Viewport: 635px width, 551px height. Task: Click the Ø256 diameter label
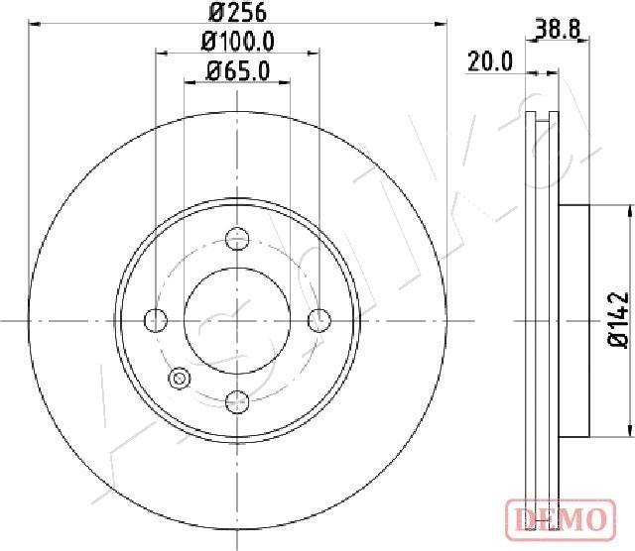pyautogui.click(x=237, y=12)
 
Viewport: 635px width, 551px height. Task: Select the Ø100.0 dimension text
pyautogui.click(x=238, y=42)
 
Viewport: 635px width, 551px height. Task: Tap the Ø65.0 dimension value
pyautogui.click(x=238, y=71)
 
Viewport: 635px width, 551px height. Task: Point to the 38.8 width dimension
pyautogui.click(x=558, y=29)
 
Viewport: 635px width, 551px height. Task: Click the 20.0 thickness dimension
pyautogui.click(x=490, y=61)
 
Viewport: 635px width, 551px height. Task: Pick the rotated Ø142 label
pyautogui.click(x=619, y=319)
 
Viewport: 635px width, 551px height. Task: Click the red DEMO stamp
pyautogui.click(x=561, y=519)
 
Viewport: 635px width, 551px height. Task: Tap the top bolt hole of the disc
pyautogui.click(x=237, y=238)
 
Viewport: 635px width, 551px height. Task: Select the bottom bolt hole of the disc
pyautogui.click(x=237, y=402)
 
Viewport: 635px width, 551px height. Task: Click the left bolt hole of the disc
pyautogui.click(x=156, y=320)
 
